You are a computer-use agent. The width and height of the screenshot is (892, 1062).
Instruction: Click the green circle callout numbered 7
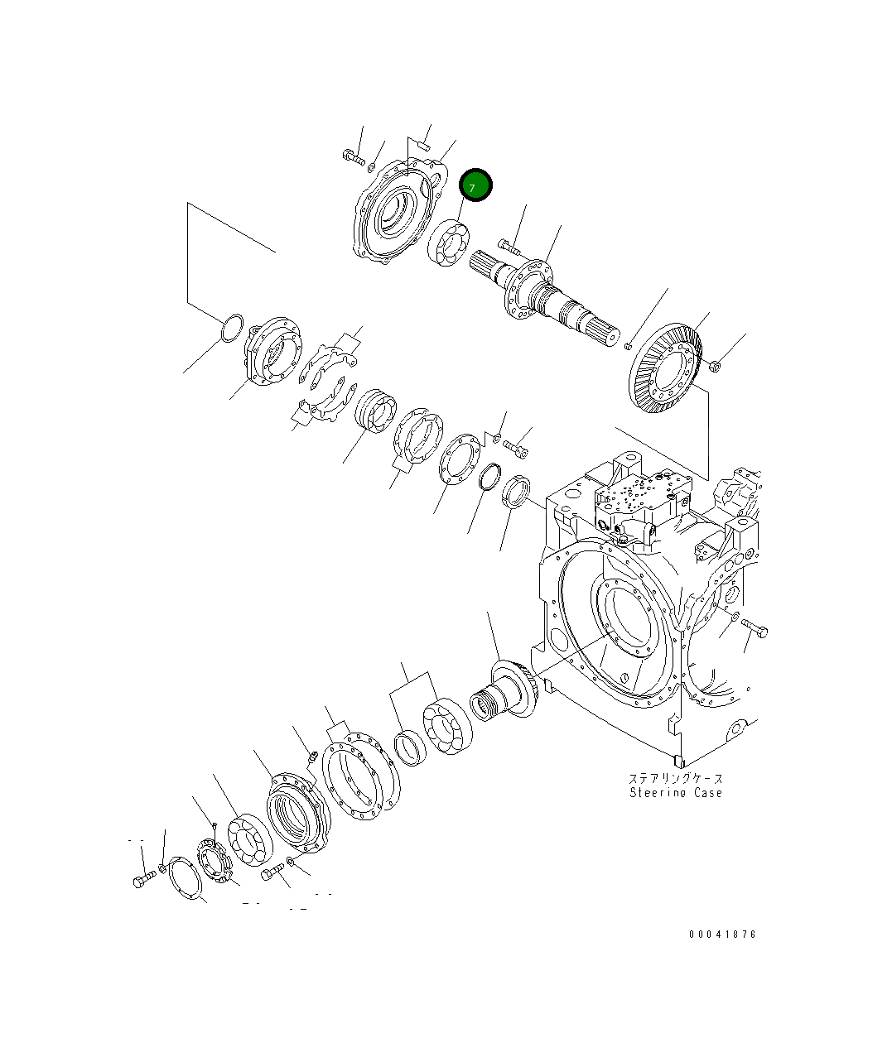tap(475, 185)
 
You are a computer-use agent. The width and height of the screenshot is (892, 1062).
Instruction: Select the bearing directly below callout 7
tap(448, 244)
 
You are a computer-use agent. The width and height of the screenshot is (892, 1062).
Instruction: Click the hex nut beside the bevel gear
tap(716, 365)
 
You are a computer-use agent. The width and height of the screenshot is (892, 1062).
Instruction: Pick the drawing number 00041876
tap(722, 935)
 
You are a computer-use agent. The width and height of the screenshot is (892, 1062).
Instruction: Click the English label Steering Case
tap(675, 793)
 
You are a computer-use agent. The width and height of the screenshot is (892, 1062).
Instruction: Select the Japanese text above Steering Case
tap(675, 778)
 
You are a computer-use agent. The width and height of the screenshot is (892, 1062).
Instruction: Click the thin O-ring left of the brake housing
tap(232, 327)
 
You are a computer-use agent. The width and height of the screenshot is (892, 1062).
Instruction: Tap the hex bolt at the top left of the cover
tap(353, 156)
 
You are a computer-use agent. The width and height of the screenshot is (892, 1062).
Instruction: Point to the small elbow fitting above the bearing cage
tap(313, 756)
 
